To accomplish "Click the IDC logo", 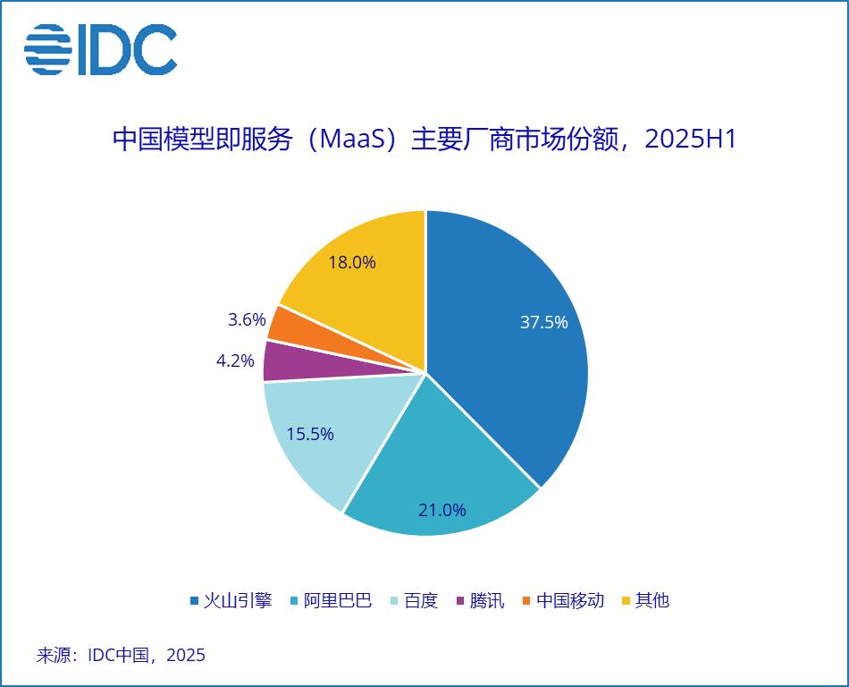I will (x=100, y=49).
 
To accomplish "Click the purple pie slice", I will (x=279, y=360).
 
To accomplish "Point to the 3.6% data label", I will (x=248, y=319).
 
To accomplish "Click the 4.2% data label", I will (x=235, y=362).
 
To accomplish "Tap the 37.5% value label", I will (x=543, y=322).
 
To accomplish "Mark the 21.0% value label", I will (x=442, y=510).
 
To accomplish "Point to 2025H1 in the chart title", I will (x=689, y=140).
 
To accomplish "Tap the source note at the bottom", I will (x=121, y=655).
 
